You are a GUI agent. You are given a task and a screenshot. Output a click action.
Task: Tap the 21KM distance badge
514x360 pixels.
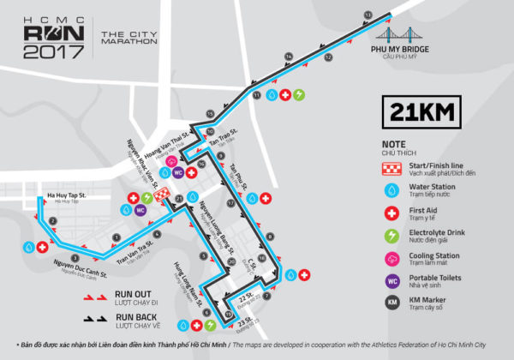click(x=422, y=111)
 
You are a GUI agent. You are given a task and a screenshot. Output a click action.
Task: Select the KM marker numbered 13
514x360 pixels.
click(x=368, y=15)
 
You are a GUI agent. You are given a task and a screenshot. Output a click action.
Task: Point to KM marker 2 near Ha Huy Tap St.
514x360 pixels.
click(x=52, y=221)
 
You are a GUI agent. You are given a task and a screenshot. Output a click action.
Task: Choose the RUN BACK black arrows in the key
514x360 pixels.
click(x=97, y=318)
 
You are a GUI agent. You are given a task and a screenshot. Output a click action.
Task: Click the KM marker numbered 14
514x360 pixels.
click(x=290, y=57)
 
